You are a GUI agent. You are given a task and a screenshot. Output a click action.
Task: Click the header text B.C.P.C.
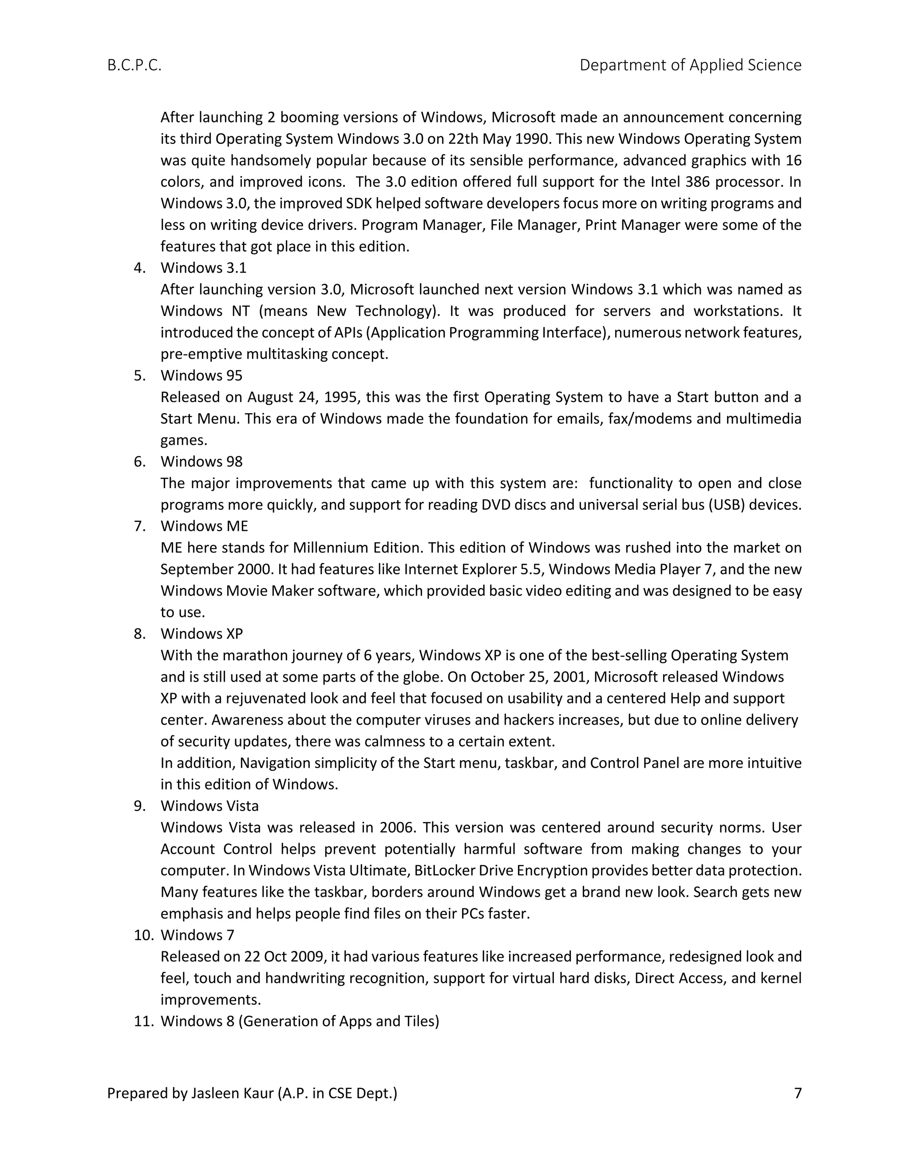(134, 65)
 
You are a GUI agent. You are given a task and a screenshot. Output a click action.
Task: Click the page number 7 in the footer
(798, 1093)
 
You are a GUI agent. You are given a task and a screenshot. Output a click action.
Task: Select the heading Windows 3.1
(204, 268)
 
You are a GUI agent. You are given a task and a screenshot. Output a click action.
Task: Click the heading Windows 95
(202, 375)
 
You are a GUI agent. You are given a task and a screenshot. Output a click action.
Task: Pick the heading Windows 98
(202, 462)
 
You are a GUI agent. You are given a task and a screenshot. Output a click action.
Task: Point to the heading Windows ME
(204, 526)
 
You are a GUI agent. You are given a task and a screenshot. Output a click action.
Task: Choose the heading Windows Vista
(209, 806)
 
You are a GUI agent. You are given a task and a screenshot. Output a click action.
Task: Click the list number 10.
(144, 935)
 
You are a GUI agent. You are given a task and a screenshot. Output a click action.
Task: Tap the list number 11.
(144, 1022)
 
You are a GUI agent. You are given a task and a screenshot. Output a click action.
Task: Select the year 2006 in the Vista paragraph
(397, 828)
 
